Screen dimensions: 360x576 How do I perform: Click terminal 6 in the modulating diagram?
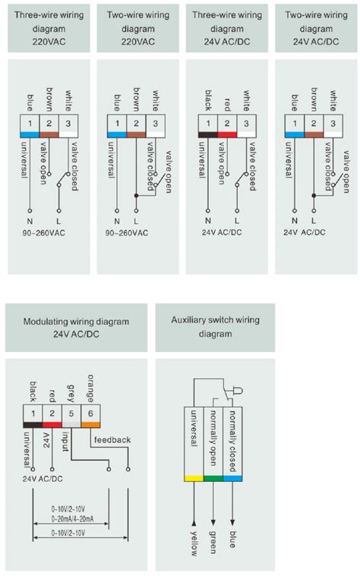(x=90, y=414)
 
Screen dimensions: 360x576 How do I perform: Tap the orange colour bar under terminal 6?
(x=90, y=425)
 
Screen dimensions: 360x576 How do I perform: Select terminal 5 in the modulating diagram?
(x=71, y=414)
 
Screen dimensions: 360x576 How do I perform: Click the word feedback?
(x=112, y=439)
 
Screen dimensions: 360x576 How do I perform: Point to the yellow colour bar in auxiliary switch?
(x=194, y=478)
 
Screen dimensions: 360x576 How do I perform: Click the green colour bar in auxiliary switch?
(x=213, y=478)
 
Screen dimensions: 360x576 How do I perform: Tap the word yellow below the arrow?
(x=194, y=543)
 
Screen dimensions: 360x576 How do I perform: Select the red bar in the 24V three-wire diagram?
(x=227, y=134)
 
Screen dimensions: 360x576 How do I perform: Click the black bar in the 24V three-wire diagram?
(x=208, y=134)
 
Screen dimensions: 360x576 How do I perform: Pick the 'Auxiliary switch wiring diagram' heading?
(x=215, y=326)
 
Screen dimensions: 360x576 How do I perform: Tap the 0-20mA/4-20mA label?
(x=72, y=518)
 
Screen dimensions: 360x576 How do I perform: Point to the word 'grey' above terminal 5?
(x=71, y=393)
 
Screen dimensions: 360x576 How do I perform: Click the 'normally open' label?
(x=213, y=438)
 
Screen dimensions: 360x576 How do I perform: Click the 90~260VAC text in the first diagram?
(x=44, y=233)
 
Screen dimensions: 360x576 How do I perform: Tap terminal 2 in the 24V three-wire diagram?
(x=227, y=123)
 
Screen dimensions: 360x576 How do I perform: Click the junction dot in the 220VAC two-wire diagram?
(x=137, y=196)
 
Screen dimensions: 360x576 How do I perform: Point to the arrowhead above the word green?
(x=213, y=523)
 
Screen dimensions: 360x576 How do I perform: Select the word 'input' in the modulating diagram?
(x=65, y=441)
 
